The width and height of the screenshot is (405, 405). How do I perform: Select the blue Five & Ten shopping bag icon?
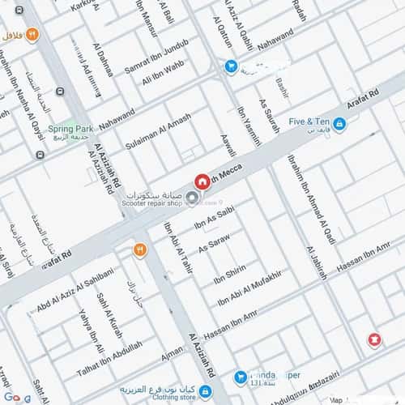pos(339,124)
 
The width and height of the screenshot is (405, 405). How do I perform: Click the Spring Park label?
pos(70,128)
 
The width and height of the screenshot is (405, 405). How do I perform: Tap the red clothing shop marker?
pos(374,339)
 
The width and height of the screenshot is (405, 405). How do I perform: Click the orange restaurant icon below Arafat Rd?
pos(139,250)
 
